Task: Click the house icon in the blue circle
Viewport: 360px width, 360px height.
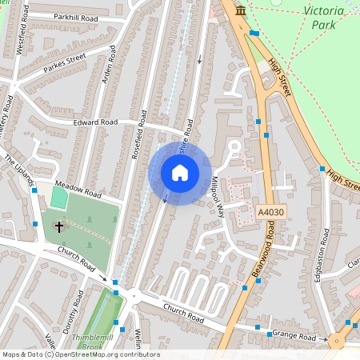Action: pyautogui.click(x=179, y=172)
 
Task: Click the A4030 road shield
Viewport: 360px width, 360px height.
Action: pyautogui.click(x=271, y=212)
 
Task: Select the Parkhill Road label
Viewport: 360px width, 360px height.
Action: pyautogui.click(x=75, y=16)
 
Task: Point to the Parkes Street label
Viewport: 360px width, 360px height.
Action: pyautogui.click(x=64, y=62)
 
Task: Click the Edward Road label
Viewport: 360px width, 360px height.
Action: pyautogui.click(x=95, y=122)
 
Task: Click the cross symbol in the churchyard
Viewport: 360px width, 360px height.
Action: pyautogui.click(x=58, y=227)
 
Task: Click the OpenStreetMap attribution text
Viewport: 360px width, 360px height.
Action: pyautogui.click(x=80, y=354)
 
